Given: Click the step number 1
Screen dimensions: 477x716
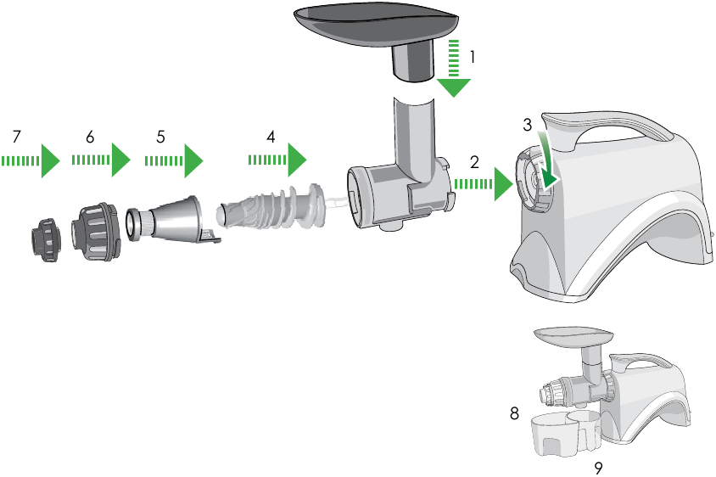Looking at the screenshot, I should click(x=473, y=59).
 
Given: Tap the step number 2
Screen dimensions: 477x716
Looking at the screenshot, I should click(x=475, y=160).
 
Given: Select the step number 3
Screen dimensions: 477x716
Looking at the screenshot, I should click(x=527, y=125).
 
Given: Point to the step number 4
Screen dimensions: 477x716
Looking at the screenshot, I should click(x=271, y=136).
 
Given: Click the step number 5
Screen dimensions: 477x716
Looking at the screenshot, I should click(x=160, y=136).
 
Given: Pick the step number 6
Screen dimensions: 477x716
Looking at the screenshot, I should click(x=89, y=136).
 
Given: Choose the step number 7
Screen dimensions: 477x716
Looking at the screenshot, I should click(x=16, y=136).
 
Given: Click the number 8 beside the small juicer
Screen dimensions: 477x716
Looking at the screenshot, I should click(x=514, y=413).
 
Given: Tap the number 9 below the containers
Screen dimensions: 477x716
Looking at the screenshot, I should click(x=599, y=467).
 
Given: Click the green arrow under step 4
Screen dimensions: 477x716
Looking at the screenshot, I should click(x=277, y=159).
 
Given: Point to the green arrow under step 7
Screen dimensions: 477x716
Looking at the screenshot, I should click(x=31, y=160).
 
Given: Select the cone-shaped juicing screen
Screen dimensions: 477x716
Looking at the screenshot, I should click(x=170, y=217).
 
